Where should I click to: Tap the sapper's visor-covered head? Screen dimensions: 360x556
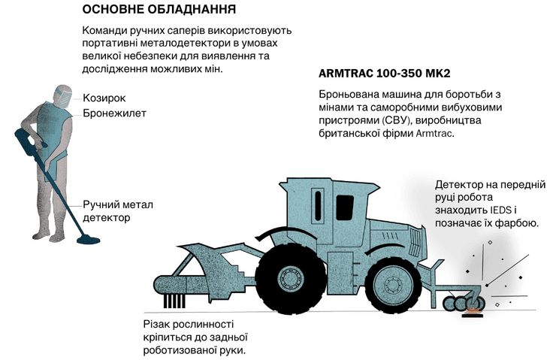[62, 94]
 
